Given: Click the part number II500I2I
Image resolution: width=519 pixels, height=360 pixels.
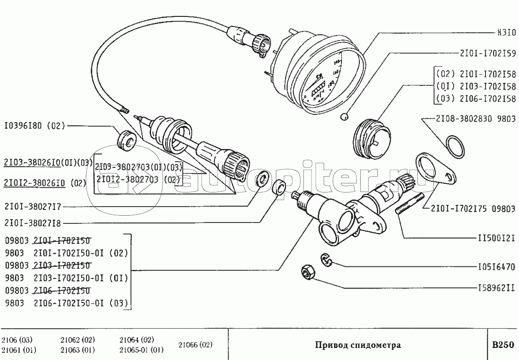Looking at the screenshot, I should click(496, 237).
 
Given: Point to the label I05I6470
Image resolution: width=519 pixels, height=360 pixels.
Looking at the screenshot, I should click(496, 266).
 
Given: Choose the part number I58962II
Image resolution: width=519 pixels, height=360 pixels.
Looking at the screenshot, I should click(496, 289).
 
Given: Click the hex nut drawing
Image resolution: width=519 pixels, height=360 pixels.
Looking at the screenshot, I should click(307, 273).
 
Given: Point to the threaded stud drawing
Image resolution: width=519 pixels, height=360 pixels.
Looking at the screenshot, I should click(410, 205).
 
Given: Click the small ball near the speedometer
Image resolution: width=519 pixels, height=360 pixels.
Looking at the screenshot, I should click(344, 116).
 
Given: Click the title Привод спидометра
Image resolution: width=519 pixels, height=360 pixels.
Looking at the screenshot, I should click(357, 346).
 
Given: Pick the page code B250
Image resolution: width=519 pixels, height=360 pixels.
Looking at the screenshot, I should click(503, 346).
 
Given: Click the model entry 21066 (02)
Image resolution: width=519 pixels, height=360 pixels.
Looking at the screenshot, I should click(195, 345).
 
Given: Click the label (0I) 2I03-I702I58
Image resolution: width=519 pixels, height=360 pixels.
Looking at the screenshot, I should click(476, 87).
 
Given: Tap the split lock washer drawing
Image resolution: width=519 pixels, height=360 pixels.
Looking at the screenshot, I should click(327, 261).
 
